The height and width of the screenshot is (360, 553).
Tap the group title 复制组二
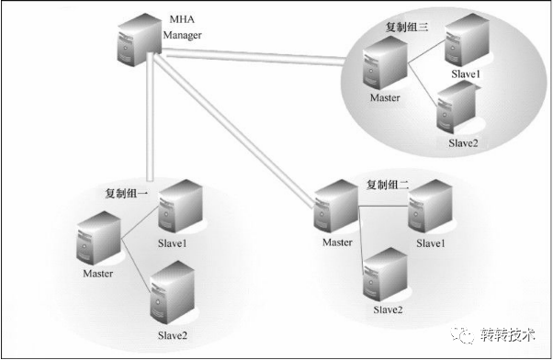[389, 185]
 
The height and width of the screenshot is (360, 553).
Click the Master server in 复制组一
[98, 239]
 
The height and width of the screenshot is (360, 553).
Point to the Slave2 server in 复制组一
[168, 288]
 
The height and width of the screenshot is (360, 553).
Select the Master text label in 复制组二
[337, 242]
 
